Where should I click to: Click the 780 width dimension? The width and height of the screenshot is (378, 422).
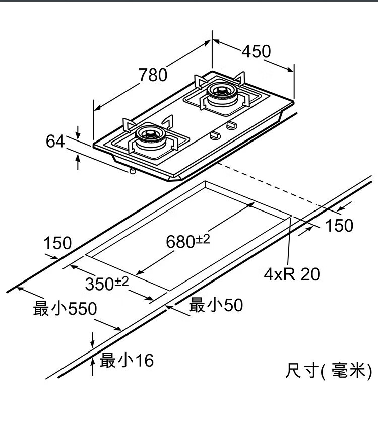pos(153,75)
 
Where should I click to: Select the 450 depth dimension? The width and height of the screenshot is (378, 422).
pos(256,51)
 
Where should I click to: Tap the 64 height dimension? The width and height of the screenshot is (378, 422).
pos(55,142)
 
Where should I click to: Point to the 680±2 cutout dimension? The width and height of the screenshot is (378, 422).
pos(188,242)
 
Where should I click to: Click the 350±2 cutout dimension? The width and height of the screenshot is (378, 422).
pos(106,284)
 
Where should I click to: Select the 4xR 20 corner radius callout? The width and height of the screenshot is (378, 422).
pos(292,274)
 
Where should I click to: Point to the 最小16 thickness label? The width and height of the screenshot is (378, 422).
pos(127,360)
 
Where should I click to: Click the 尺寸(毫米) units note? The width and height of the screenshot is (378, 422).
pos(328,371)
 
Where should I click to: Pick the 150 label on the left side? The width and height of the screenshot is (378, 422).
pos(57,244)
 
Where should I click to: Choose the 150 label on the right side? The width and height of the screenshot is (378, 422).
pos(339,225)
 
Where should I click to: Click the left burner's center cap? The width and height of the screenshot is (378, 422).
pos(149,135)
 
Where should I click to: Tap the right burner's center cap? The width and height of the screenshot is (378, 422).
pos(220,91)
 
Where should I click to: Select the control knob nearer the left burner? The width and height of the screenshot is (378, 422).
pos(214,135)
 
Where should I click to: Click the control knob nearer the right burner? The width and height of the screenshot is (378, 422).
pos(232,125)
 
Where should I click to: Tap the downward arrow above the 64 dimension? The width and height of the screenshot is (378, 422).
pos(78,132)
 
